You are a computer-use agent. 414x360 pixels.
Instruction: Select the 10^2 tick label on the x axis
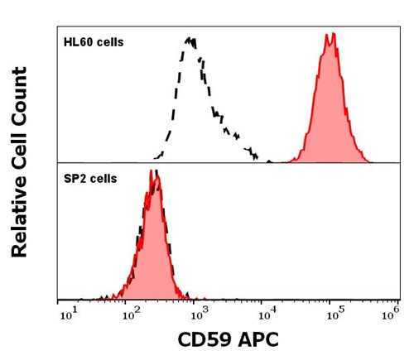129,313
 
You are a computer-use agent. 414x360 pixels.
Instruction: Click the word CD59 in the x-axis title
205,339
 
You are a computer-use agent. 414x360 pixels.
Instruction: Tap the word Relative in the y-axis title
23,212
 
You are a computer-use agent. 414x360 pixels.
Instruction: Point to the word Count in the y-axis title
23,98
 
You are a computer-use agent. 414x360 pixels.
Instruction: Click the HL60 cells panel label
94,41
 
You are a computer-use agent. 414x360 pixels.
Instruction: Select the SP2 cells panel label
90,178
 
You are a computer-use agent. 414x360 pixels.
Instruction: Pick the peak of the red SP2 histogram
152,171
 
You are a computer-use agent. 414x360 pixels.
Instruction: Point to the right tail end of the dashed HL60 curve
267,161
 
